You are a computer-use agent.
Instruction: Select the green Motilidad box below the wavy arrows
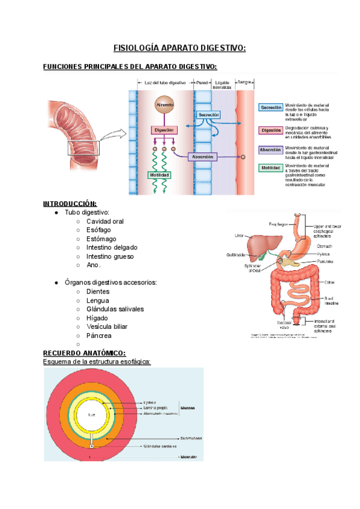tap(159, 175)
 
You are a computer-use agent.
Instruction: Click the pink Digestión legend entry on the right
tap(271, 130)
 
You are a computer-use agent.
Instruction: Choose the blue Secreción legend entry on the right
tap(271, 107)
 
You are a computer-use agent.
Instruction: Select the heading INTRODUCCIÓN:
tap(70, 203)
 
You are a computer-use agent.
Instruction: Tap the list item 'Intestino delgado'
tap(112, 247)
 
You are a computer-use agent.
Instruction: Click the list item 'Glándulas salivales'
tap(115, 309)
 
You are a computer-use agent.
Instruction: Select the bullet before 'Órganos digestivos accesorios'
tap(56, 282)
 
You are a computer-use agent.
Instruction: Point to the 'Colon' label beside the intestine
tap(329, 281)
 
